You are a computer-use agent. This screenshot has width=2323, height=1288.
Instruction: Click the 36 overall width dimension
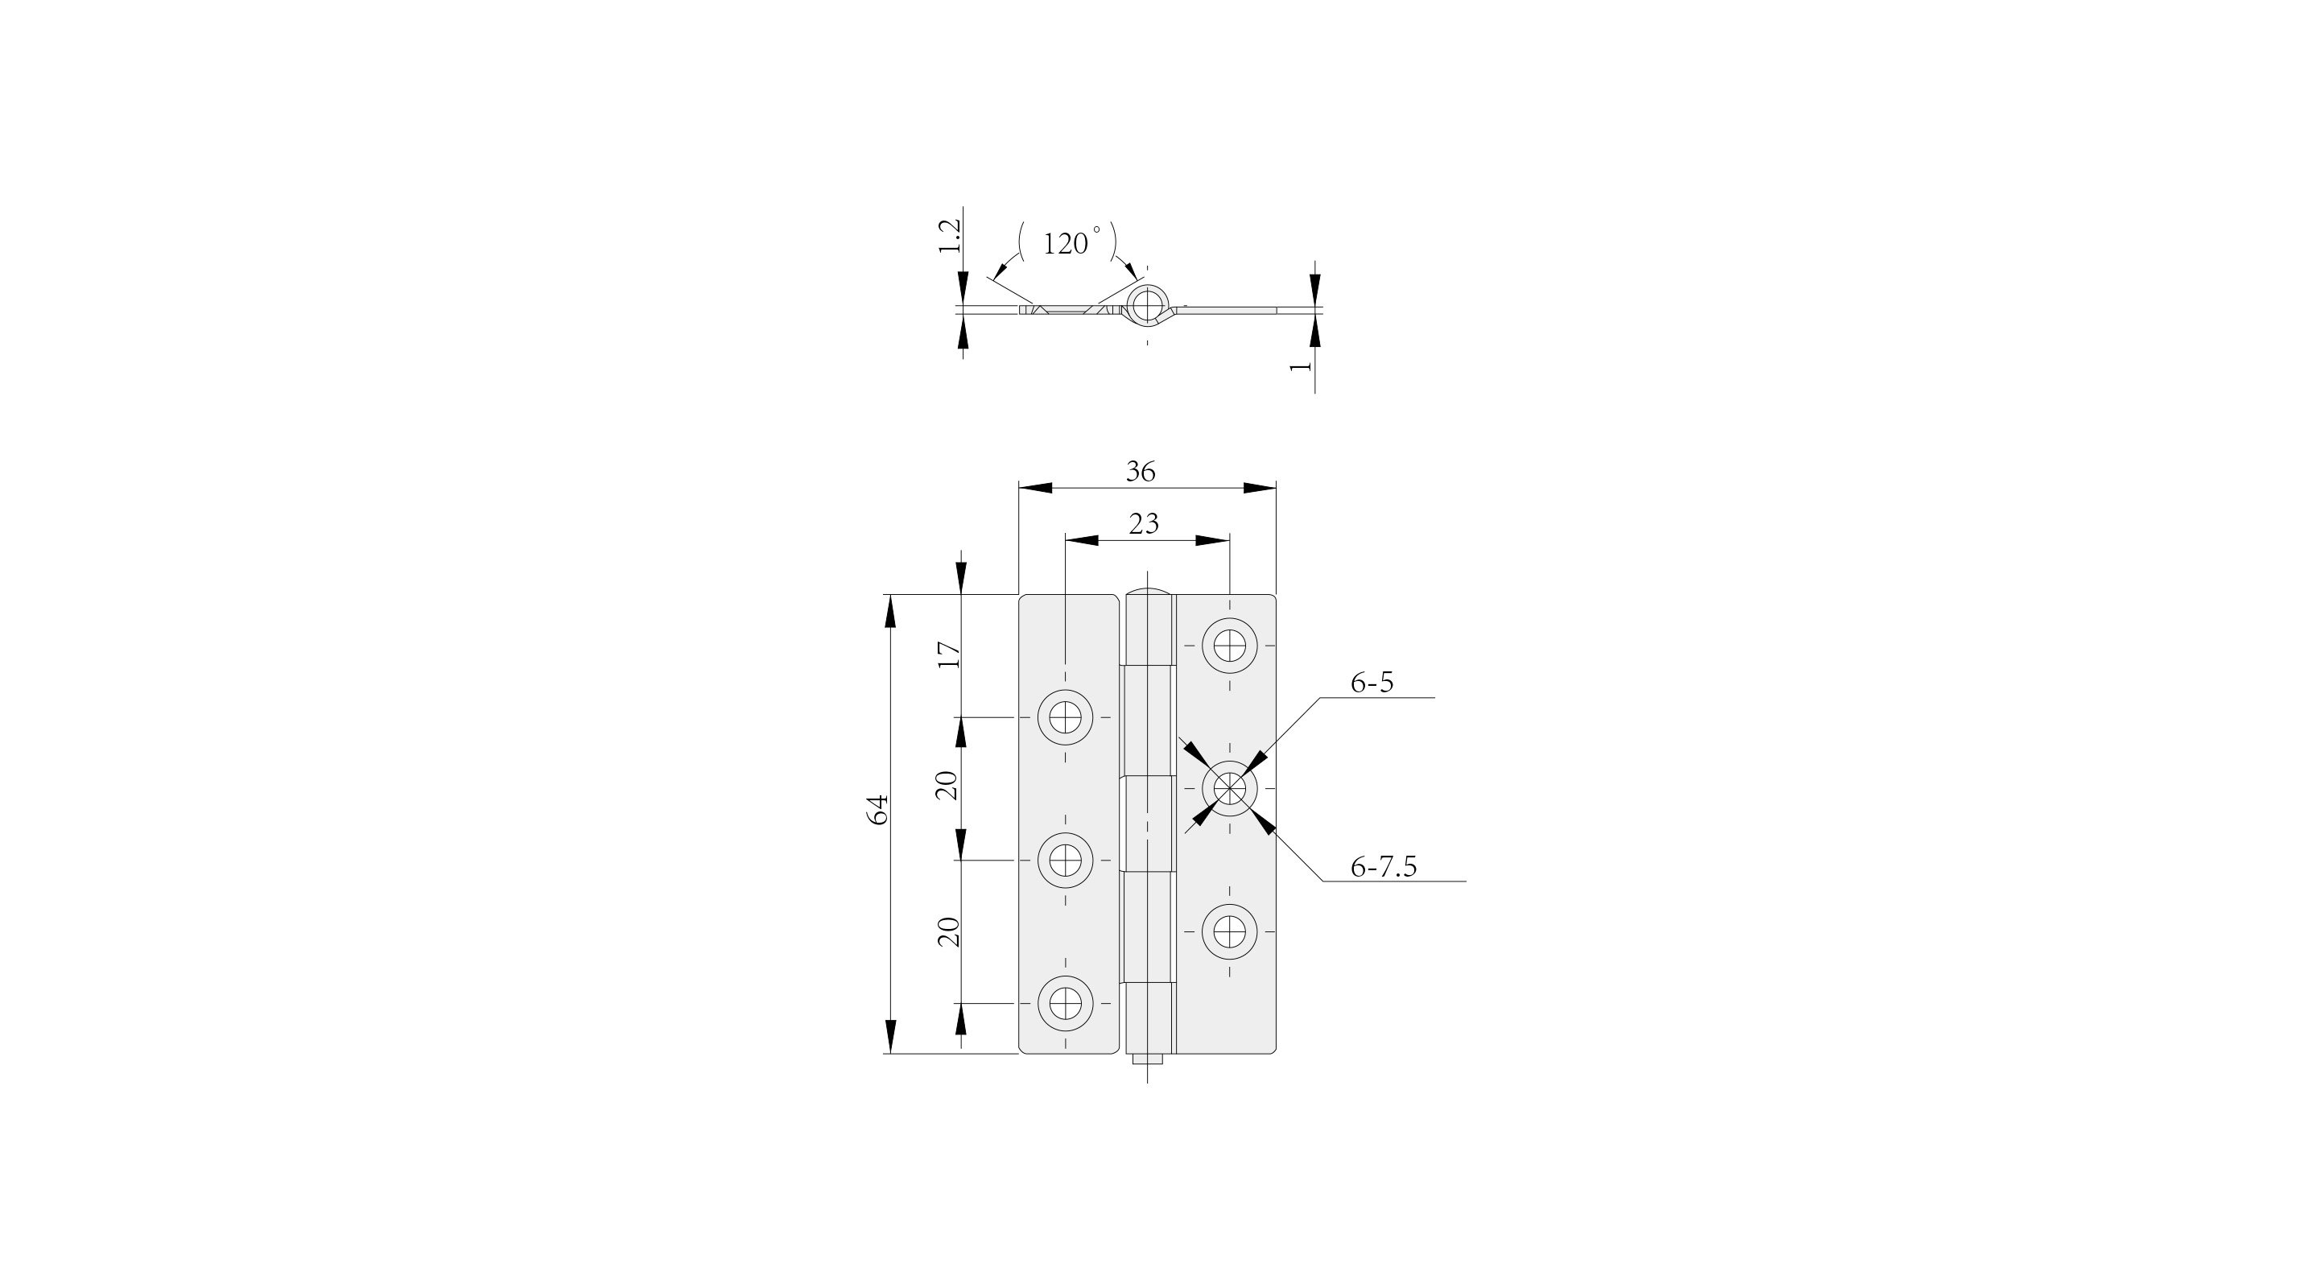tap(1141, 472)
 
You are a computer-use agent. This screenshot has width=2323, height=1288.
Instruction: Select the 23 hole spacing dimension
tap(1144, 524)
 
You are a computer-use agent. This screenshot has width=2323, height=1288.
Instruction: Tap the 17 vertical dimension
tap(949, 654)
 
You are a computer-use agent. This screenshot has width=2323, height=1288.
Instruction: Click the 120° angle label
tap(1071, 242)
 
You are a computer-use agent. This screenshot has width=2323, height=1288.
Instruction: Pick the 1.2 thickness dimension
tap(950, 235)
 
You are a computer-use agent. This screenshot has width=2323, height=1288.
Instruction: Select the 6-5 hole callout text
tap(1372, 683)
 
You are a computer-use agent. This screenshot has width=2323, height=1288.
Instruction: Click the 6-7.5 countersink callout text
tap(1384, 867)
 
